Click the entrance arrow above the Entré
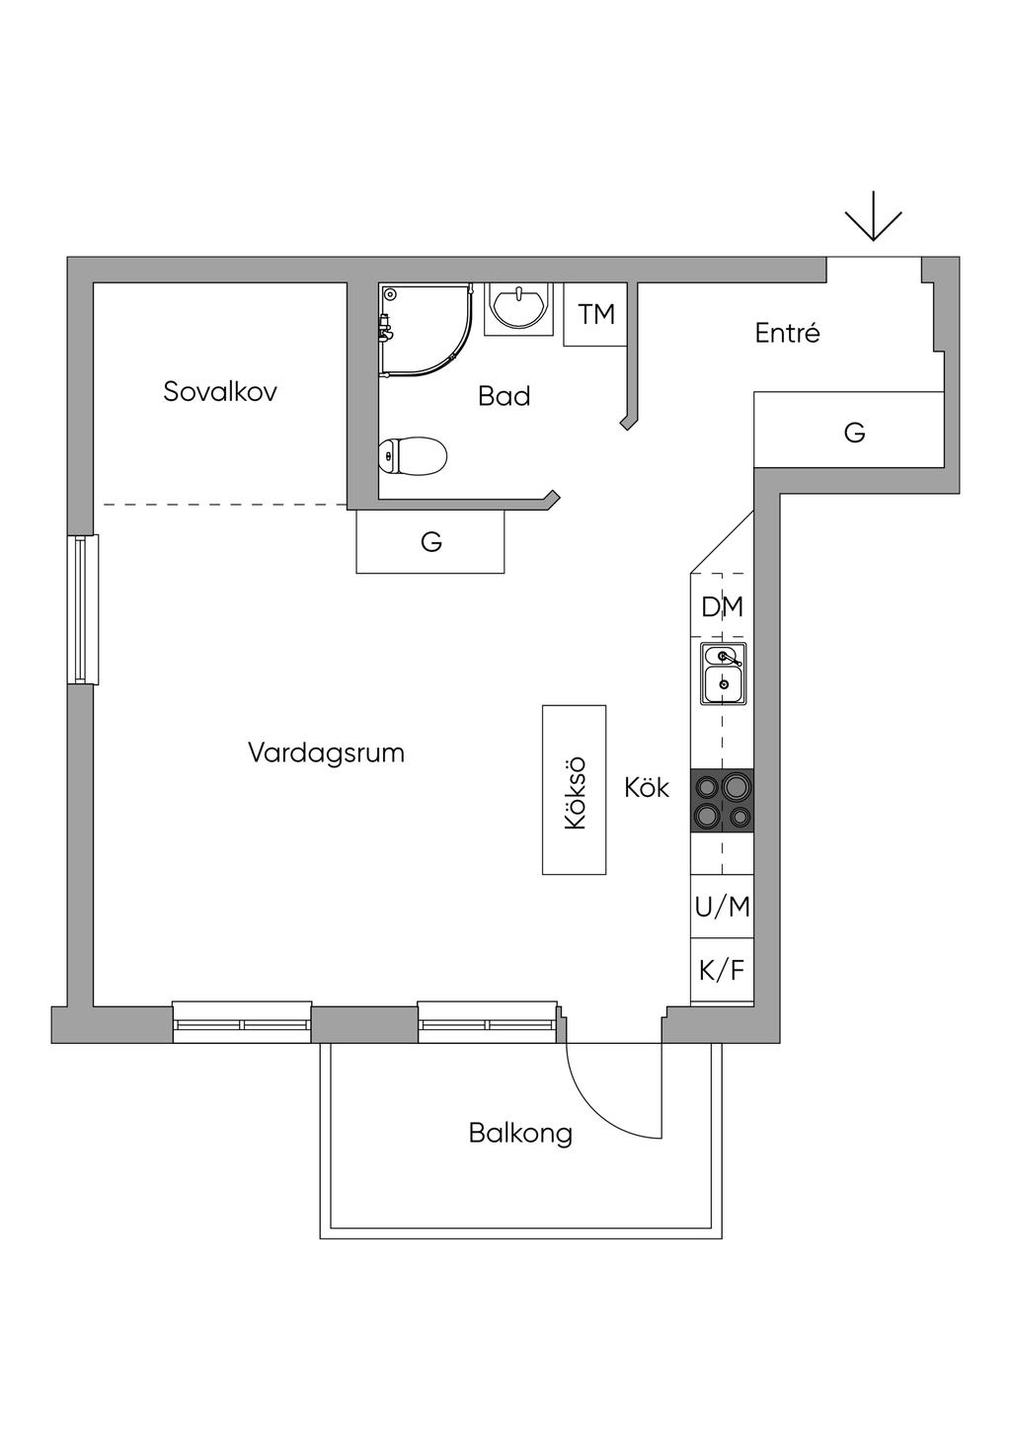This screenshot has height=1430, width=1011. click(x=874, y=223)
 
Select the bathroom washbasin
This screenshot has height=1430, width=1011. click(x=518, y=307)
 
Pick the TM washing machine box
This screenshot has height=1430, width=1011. click(x=595, y=314)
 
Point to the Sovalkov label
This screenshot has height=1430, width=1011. click(x=220, y=391)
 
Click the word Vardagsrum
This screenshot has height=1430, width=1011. click(x=326, y=753)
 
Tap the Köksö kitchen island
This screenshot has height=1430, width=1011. click(x=574, y=789)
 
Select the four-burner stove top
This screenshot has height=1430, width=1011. click(x=722, y=800)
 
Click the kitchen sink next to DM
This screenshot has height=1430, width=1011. click(x=724, y=673)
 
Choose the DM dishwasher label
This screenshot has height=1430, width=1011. click(x=722, y=606)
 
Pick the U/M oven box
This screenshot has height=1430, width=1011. click(x=722, y=907)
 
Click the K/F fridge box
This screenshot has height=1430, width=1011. click(x=722, y=970)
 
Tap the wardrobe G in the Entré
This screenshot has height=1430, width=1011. click(x=854, y=432)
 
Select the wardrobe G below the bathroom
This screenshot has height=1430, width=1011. click(x=430, y=541)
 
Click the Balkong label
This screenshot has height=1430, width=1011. click(x=520, y=1132)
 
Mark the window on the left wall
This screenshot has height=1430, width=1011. click(x=84, y=609)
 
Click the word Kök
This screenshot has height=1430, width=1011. click(x=647, y=788)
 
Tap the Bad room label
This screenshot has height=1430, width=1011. click(x=504, y=396)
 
